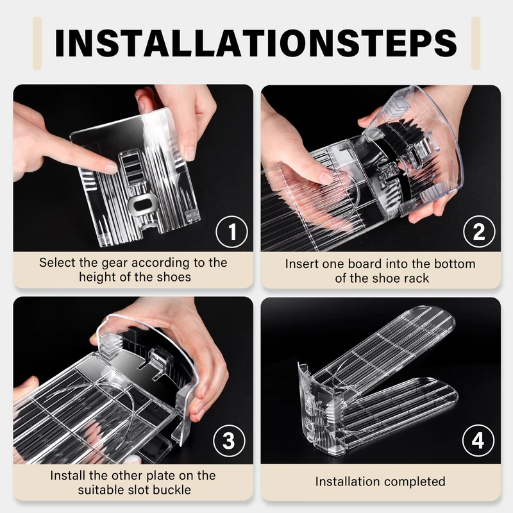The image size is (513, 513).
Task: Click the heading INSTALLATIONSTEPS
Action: (x=256, y=43)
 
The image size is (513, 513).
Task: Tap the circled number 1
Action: (x=231, y=231)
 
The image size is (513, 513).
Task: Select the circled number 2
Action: (x=479, y=231)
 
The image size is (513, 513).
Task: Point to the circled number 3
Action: (x=229, y=441)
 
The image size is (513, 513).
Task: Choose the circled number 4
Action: (x=478, y=441)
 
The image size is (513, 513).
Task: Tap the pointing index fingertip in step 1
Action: (x=110, y=168)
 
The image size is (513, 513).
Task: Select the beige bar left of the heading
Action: (x=37, y=43)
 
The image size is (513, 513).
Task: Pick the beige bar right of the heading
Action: (x=476, y=43)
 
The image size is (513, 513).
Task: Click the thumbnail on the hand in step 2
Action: (x=326, y=178)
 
